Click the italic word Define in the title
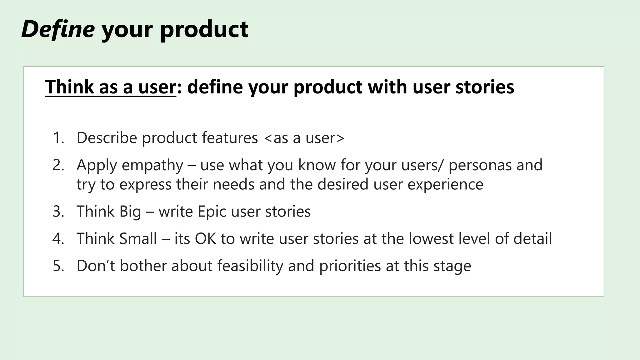58,29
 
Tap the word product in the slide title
204,29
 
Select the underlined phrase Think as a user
111,87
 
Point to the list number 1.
58,138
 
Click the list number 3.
58,212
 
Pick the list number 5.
58,266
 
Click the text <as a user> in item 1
304,138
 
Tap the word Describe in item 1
107,138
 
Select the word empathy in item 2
152,165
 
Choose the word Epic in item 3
212,212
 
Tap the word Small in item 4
138,239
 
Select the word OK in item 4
205,239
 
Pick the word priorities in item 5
350,266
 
